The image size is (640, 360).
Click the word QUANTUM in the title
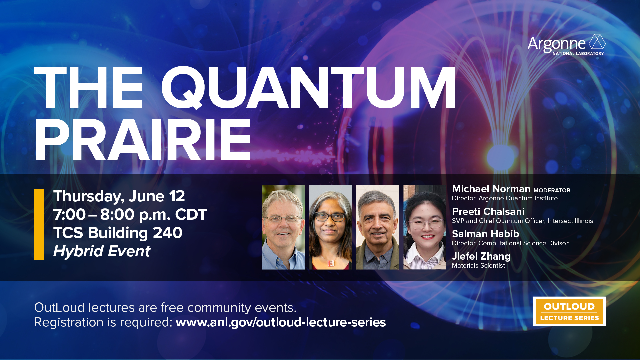[x=308, y=87]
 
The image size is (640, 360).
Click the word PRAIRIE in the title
[x=143, y=140]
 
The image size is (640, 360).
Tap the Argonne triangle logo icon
[x=597, y=42]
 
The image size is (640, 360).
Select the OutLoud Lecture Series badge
[x=569, y=311]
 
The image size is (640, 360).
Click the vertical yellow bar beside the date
[x=39, y=224]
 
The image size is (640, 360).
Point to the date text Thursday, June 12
[x=119, y=196]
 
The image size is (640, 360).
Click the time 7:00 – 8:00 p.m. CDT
[x=130, y=214]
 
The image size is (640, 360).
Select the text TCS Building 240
[x=118, y=233]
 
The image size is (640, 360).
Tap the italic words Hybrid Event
[x=102, y=251]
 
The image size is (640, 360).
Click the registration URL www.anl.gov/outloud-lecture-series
[x=280, y=322]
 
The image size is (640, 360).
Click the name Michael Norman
[x=491, y=189]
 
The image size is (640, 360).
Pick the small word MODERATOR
[x=552, y=190]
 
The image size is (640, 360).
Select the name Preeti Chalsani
[x=488, y=211]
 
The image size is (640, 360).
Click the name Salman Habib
[x=485, y=234]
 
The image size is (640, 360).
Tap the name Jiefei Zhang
[x=481, y=256]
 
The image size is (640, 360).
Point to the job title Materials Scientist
[x=478, y=266]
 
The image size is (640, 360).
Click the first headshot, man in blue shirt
[x=283, y=227]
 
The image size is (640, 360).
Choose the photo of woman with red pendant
[x=330, y=227]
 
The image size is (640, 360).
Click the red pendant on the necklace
[x=331, y=263]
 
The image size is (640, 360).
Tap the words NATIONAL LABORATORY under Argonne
[x=578, y=53]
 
